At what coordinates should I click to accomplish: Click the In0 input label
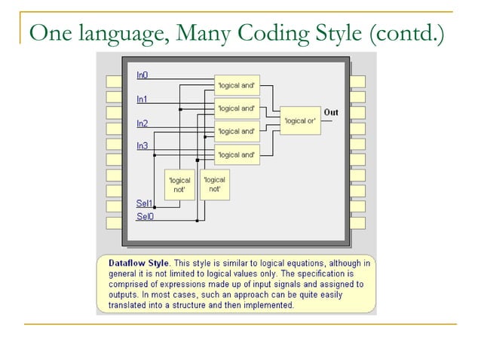coord(142,75)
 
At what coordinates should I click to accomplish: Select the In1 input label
coord(142,99)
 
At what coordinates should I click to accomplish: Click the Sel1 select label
coord(144,203)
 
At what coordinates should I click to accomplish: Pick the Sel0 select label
coord(144,217)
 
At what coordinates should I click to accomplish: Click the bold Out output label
coord(331,112)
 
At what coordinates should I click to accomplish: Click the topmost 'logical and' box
coord(237,86)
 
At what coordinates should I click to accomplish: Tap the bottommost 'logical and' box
coord(237,155)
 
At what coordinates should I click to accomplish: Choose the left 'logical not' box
coord(179,185)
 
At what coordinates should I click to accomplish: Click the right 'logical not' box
coord(215,184)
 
